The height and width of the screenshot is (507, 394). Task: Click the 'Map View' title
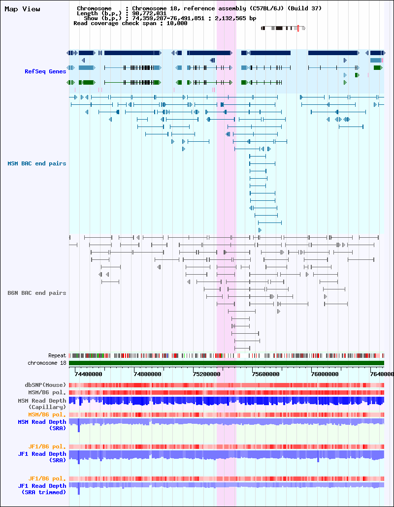[22, 9]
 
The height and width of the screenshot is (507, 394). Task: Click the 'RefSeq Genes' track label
[45, 71]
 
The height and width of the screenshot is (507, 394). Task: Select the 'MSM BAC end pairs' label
[37, 163]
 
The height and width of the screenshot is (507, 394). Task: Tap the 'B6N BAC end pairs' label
[37, 293]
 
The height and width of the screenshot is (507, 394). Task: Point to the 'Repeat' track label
[57, 355]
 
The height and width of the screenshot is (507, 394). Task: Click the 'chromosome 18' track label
[47, 363]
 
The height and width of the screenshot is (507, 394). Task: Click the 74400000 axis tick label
[88, 374]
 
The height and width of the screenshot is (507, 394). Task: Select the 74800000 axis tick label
[148, 374]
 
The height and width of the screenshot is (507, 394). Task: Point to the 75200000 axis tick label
[207, 374]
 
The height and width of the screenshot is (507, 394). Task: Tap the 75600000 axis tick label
[266, 374]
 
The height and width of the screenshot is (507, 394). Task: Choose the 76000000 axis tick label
[325, 374]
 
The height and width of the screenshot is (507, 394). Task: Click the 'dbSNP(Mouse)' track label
[45, 385]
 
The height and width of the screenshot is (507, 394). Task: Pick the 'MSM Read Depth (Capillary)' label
[42, 404]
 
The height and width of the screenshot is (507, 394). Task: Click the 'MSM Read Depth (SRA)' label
[42, 425]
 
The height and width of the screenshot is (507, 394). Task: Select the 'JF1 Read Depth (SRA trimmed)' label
[42, 489]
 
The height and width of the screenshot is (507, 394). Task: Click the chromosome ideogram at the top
[283, 28]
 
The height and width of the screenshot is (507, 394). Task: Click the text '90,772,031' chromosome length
[149, 14]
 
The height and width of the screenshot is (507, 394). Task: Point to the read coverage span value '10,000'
[177, 23]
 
